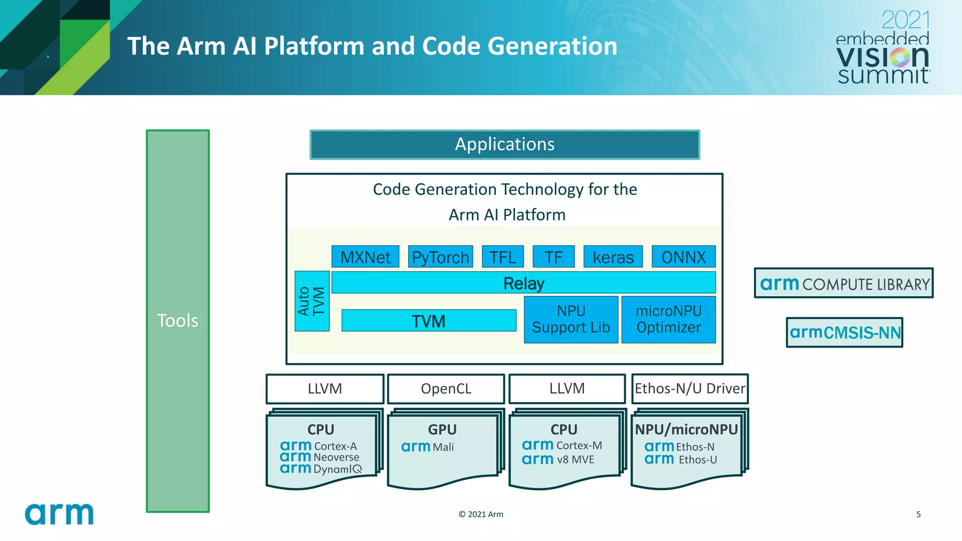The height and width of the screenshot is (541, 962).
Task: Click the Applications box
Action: (x=504, y=145)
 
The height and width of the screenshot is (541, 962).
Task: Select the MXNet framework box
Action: (x=365, y=257)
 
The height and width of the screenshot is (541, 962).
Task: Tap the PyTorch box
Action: (x=440, y=257)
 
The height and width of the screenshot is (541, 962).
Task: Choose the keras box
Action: (x=613, y=257)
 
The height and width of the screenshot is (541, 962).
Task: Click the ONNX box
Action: (x=683, y=257)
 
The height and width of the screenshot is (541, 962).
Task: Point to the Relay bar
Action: (x=523, y=283)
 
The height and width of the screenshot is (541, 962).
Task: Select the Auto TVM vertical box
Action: (x=311, y=301)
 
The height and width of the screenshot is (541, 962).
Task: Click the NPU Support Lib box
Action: (x=571, y=319)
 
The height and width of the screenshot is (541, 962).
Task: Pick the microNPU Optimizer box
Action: (x=668, y=319)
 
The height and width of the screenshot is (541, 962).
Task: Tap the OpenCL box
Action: (x=446, y=389)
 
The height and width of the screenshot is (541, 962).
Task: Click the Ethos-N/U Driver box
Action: (x=690, y=388)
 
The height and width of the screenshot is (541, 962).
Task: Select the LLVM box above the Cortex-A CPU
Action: (x=325, y=389)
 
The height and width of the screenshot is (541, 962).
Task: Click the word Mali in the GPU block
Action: (x=443, y=447)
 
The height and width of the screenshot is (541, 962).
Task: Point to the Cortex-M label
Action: (x=579, y=445)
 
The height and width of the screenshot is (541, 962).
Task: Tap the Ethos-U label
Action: (x=698, y=460)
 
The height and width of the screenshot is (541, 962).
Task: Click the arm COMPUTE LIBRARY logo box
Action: (x=844, y=283)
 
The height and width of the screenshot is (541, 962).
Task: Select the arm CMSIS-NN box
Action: (x=845, y=332)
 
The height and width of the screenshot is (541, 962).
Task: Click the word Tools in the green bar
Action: (x=178, y=321)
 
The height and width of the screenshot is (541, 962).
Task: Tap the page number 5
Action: (x=918, y=514)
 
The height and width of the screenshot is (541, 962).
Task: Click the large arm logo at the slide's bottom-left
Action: (x=59, y=514)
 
